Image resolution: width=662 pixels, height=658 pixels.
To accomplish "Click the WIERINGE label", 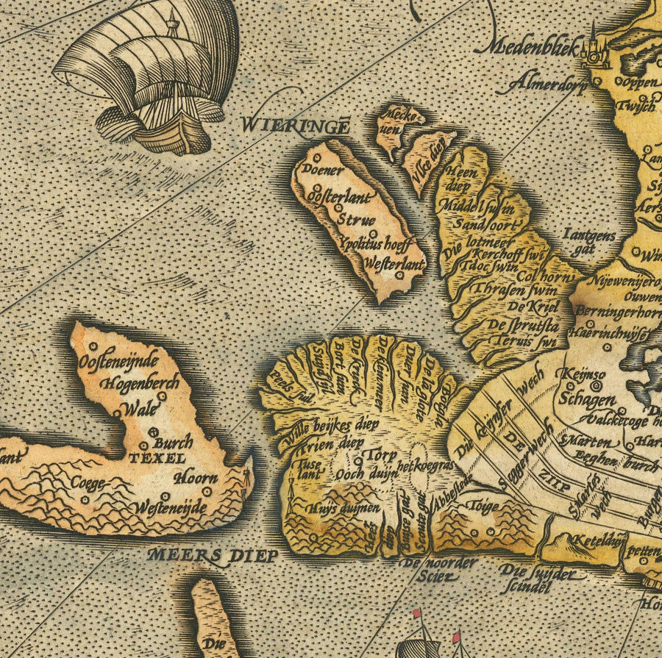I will (x=293, y=125).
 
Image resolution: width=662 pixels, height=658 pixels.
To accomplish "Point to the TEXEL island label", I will (x=157, y=458).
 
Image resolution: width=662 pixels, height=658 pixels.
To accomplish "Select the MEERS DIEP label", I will (x=213, y=555).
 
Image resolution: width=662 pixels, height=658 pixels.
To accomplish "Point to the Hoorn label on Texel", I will (x=195, y=477).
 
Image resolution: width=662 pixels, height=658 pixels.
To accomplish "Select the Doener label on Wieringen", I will (x=323, y=170).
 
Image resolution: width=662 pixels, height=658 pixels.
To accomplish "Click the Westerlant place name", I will (x=394, y=261).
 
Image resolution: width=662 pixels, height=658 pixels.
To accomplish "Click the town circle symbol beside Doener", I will (x=317, y=157).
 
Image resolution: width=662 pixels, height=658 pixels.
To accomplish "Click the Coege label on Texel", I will (x=89, y=484).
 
